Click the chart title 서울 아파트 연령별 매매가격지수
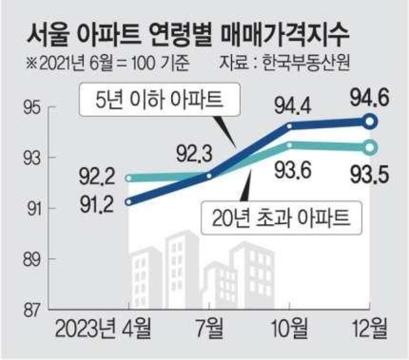(x=188, y=36)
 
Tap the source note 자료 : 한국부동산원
(x=284, y=63)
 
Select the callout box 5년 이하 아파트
(x=160, y=99)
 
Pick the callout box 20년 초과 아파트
(x=282, y=218)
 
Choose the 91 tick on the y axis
(x=33, y=209)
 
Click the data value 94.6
(x=369, y=98)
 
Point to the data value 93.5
(x=369, y=175)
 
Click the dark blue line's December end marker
(x=370, y=122)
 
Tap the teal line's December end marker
(x=370, y=148)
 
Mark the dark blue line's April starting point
(x=128, y=202)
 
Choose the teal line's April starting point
(x=128, y=178)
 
